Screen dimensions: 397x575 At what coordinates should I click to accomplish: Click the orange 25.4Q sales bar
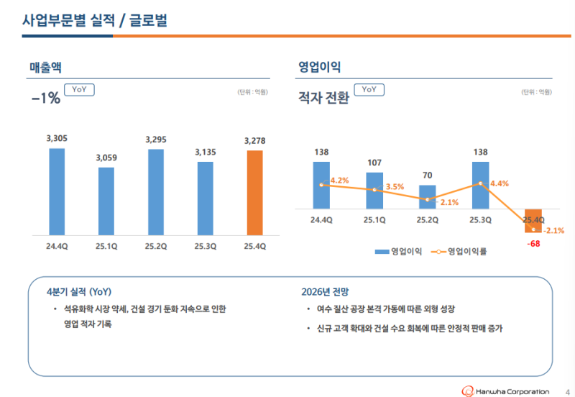click(254, 193)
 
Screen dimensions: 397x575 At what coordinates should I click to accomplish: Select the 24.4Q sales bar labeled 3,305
click(57, 191)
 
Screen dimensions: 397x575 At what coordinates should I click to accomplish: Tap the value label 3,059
click(106, 158)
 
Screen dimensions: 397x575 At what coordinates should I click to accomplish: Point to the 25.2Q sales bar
click(155, 192)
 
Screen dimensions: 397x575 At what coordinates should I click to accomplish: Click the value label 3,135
click(205, 152)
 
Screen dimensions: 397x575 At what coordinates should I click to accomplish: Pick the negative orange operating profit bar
click(533, 221)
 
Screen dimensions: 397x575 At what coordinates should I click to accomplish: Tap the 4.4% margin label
click(500, 183)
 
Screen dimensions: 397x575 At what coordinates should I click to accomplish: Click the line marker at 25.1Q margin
click(374, 190)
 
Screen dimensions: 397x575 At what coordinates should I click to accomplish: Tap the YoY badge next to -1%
click(79, 90)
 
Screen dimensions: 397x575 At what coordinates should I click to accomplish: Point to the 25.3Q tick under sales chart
click(205, 246)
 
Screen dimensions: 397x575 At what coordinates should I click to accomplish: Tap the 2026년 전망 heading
click(325, 292)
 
